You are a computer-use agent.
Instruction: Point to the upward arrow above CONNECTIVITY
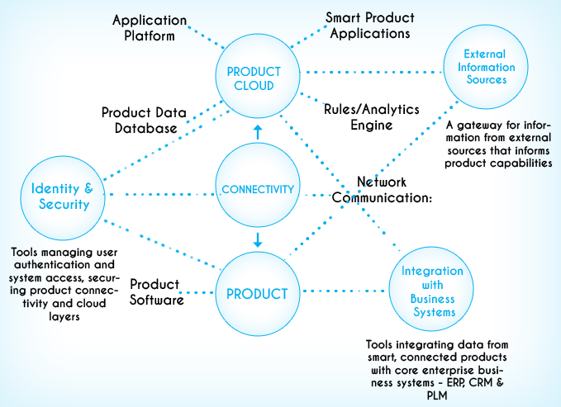point(258,132)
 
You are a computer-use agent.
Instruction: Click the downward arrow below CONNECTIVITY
point(258,239)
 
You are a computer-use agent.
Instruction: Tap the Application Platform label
point(150,28)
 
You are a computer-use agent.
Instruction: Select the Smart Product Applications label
point(370,25)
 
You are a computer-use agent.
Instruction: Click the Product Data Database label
point(145,121)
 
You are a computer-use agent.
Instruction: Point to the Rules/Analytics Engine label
point(371,117)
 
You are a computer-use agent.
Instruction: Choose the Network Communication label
point(382,190)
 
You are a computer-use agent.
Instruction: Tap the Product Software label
point(157,292)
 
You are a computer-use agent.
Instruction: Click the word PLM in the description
point(437,395)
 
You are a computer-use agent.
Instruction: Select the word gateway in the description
point(475,125)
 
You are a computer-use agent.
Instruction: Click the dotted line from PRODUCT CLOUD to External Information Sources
point(372,73)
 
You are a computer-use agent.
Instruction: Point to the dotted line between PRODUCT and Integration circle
point(345,291)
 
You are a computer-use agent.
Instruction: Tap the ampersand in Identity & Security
point(88,188)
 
